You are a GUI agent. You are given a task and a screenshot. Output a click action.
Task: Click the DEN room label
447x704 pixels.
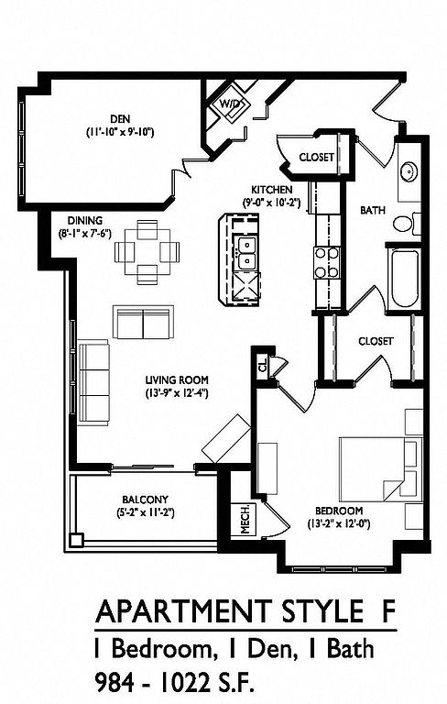(x=120, y=119)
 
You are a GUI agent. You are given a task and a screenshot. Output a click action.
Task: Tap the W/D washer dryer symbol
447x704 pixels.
(x=231, y=104)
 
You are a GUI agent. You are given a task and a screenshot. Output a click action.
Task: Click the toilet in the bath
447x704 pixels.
(x=406, y=223)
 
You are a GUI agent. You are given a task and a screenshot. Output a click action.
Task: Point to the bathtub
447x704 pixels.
(x=403, y=279)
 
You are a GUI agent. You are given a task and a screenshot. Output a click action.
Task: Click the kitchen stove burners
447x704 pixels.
(x=326, y=263)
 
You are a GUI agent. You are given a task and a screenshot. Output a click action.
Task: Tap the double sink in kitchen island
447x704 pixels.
(x=246, y=253)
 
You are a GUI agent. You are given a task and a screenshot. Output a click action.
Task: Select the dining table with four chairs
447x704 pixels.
(x=147, y=252)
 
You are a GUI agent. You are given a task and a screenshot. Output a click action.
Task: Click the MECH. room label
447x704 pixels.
(x=245, y=519)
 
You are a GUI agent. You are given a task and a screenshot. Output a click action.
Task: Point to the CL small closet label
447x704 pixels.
(x=263, y=364)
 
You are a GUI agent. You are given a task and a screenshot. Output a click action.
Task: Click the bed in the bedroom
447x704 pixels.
(x=381, y=469)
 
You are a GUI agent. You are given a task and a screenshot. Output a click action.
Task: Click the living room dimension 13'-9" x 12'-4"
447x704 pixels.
(x=177, y=393)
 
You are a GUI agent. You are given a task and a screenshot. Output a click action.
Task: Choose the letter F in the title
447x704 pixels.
(x=388, y=610)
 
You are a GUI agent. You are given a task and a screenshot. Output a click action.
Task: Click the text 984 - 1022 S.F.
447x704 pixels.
(x=174, y=683)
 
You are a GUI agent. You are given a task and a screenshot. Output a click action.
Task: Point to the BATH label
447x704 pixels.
(x=373, y=210)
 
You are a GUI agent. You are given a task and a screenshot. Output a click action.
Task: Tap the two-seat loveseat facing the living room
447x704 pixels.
(x=143, y=323)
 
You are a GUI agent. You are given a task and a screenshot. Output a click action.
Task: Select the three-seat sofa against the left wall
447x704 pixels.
(x=93, y=383)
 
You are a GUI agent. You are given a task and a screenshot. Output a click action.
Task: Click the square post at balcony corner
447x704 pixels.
(x=77, y=539)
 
